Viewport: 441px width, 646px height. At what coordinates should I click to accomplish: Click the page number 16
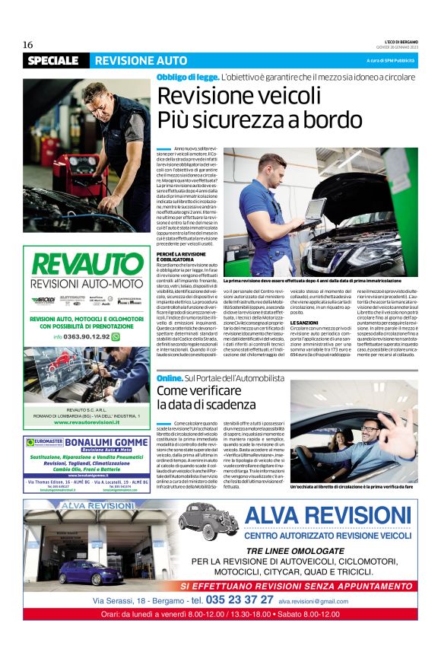[x=27, y=45]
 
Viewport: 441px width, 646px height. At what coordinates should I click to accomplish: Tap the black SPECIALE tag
[x=52, y=60]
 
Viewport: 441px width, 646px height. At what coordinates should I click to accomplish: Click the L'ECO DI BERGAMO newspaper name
[x=395, y=40]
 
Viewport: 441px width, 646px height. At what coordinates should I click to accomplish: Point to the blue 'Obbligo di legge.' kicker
[x=188, y=77]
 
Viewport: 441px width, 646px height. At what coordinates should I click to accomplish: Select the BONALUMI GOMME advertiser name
[x=109, y=441]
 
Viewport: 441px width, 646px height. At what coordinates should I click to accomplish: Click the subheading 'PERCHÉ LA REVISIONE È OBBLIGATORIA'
[x=182, y=256]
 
